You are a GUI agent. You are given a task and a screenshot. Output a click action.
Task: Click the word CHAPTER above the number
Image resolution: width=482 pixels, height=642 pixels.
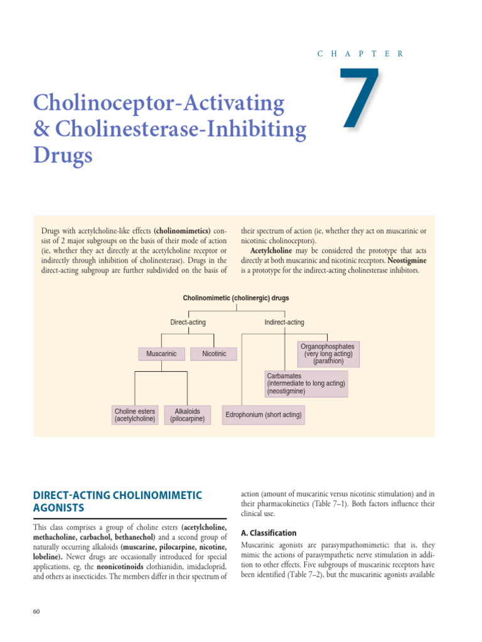click(360, 54)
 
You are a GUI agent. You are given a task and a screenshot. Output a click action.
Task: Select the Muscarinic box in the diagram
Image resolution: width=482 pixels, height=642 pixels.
click(161, 354)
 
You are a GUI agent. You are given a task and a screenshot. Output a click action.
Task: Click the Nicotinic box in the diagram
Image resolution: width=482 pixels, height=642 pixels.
click(214, 354)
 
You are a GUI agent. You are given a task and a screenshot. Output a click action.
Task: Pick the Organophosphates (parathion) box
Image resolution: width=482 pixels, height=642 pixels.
click(328, 354)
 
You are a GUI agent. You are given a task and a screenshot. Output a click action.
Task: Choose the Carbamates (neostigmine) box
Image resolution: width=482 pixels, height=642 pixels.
click(306, 383)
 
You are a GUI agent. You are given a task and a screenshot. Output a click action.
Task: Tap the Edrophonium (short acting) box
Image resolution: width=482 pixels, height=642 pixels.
click(264, 414)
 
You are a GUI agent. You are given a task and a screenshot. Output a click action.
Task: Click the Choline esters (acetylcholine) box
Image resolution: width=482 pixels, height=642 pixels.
click(135, 415)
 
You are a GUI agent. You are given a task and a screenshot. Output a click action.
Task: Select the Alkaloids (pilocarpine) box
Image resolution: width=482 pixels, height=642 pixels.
click(187, 415)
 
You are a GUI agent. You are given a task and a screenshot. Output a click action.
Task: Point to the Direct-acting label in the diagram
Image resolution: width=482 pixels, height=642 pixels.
click(188, 322)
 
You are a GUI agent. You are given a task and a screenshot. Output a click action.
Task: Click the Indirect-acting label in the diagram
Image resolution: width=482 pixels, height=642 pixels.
click(284, 322)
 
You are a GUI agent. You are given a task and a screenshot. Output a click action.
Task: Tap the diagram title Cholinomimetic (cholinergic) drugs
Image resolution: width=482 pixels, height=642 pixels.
click(236, 298)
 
